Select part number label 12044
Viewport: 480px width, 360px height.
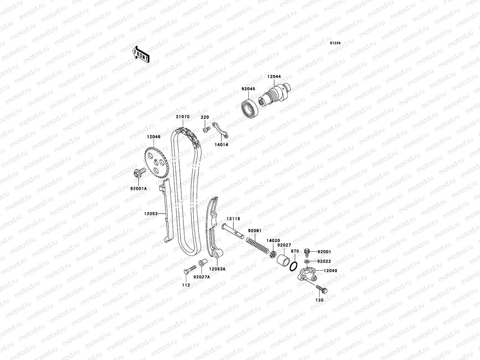(274, 68)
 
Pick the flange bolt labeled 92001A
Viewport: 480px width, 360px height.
(139, 173)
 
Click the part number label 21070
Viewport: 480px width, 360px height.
(182, 117)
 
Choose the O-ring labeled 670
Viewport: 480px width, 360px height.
(294, 266)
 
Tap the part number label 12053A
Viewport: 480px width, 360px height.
(217, 269)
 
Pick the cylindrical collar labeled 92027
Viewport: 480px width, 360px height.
(283, 259)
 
